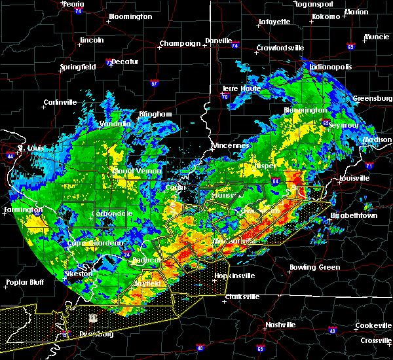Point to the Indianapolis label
pos(331,67)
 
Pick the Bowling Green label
pos(315,267)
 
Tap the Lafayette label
pos(274,22)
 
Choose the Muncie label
pos(375,37)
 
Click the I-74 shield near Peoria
pos(78,12)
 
